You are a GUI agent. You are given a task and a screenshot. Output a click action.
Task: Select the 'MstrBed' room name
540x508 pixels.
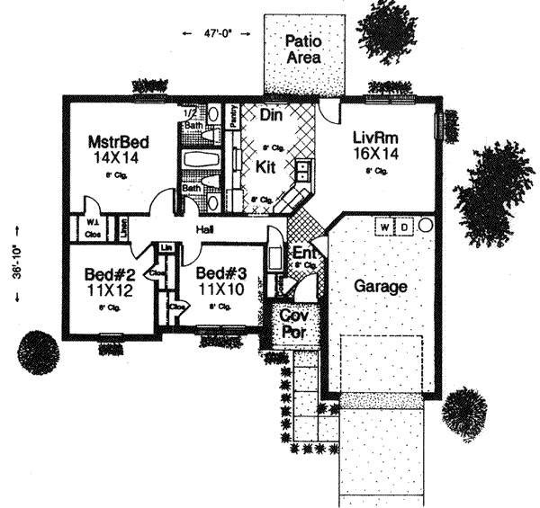click(x=118, y=142)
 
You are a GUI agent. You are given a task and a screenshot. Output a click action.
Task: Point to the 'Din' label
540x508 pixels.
click(x=271, y=115)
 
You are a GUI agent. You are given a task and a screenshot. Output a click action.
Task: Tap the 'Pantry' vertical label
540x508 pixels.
click(x=231, y=117)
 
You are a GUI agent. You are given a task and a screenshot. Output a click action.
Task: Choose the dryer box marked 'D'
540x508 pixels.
click(x=405, y=227)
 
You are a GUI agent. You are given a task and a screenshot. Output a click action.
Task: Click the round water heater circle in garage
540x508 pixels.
click(x=427, y=225)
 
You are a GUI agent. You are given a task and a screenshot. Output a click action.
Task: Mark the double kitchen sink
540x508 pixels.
click(x=303, y=170)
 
